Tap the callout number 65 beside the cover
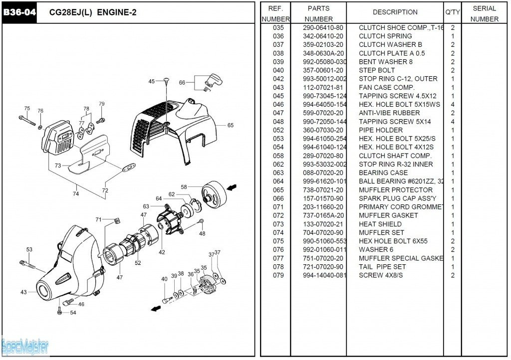231,126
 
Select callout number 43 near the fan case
23,292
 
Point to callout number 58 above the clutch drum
184,187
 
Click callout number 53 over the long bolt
29,250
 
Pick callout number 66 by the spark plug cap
182,83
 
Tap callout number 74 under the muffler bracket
75,194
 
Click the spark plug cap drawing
214,80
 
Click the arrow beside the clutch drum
231,187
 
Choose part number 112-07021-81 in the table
323,88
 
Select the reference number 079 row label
278,275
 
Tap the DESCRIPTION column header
395,12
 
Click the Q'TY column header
453,12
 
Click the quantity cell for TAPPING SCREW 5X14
453,122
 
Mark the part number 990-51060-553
324,241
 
